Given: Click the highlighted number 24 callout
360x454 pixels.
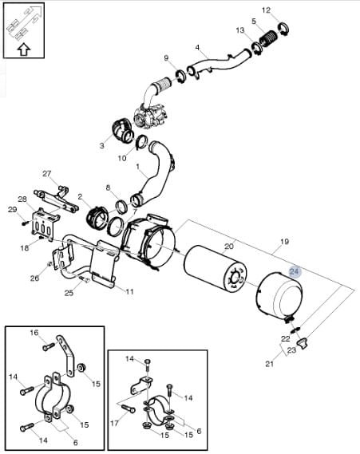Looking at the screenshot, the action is tap(295, 271).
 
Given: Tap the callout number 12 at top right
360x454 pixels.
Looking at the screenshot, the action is tap(266, 10).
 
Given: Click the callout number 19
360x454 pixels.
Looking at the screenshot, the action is tap(284, 241).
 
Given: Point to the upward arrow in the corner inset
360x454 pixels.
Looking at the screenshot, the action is tap(24, 49).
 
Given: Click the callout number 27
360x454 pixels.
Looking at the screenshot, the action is tap(46, 174).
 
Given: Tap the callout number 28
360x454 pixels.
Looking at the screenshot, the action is tap(22, 199).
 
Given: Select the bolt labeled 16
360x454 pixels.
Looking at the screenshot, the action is tap(49, 346).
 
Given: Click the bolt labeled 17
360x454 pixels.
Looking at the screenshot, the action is tap(129, 409).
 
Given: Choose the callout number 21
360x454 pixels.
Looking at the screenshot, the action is tap(270, 364).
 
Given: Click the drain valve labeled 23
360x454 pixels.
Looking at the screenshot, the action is tap(303, 344).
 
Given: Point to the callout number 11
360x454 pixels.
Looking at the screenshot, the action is tap(129, 291).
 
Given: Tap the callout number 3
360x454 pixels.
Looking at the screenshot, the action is tap(101, 145).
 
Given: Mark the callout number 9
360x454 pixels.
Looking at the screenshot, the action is tap(166, 58).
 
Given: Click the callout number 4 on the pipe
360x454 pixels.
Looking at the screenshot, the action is tap(197, 47).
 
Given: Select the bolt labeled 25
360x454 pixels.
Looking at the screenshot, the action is tap(84, 278).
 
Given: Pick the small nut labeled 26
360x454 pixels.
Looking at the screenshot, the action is tap(49, 264).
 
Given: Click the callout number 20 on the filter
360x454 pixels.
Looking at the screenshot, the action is tap(229, 247).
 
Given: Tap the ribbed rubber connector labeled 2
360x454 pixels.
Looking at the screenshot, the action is tap(97, 218).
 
